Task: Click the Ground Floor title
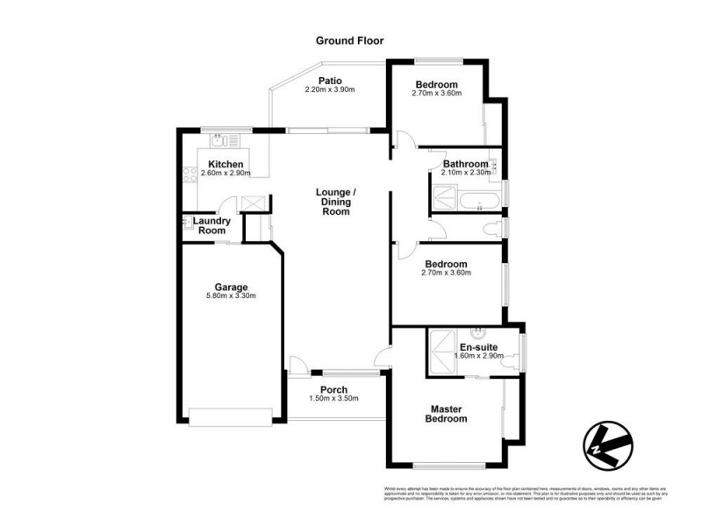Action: (x=350, y=40)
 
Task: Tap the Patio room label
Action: (x=330, y=81)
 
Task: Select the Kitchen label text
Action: (x=226, y=164)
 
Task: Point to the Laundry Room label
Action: (x=212, y=226)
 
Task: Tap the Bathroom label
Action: (x=465, y=164)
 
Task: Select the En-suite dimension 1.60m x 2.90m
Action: (x=478, y=356)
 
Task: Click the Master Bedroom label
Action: (x=448, y=414)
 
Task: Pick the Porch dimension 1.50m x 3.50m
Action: (x=334, y=399)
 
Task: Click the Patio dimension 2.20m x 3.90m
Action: (x=330, y=90)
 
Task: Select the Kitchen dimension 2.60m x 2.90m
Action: (x=226, y=173)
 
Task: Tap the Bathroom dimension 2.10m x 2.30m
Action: (x=465, y=173)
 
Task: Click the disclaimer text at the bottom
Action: (x=525, y=494)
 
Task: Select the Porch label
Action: (x=334, y=390)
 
